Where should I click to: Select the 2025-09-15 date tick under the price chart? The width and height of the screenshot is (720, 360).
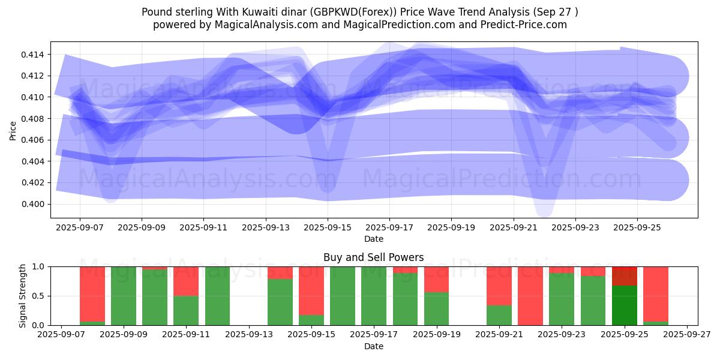coord(328,228)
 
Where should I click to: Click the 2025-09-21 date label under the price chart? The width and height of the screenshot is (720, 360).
coord(514,228)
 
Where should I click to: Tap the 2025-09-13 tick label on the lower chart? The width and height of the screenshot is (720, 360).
coord(249,335)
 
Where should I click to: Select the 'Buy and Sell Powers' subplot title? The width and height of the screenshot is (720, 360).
coord(373,257)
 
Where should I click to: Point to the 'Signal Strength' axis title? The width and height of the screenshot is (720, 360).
coord(23,295)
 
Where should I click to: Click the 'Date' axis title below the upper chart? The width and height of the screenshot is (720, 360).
coord(373,239)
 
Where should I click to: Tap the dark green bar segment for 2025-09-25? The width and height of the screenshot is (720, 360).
coord(625,305)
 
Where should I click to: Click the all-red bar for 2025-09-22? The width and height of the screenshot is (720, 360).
coord(530,296)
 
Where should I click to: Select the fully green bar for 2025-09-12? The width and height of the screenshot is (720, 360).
coord(217,296)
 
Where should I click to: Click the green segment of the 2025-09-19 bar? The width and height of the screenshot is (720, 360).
coord(436,308)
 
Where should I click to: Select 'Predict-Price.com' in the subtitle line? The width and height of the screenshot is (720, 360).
coord(525,25)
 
